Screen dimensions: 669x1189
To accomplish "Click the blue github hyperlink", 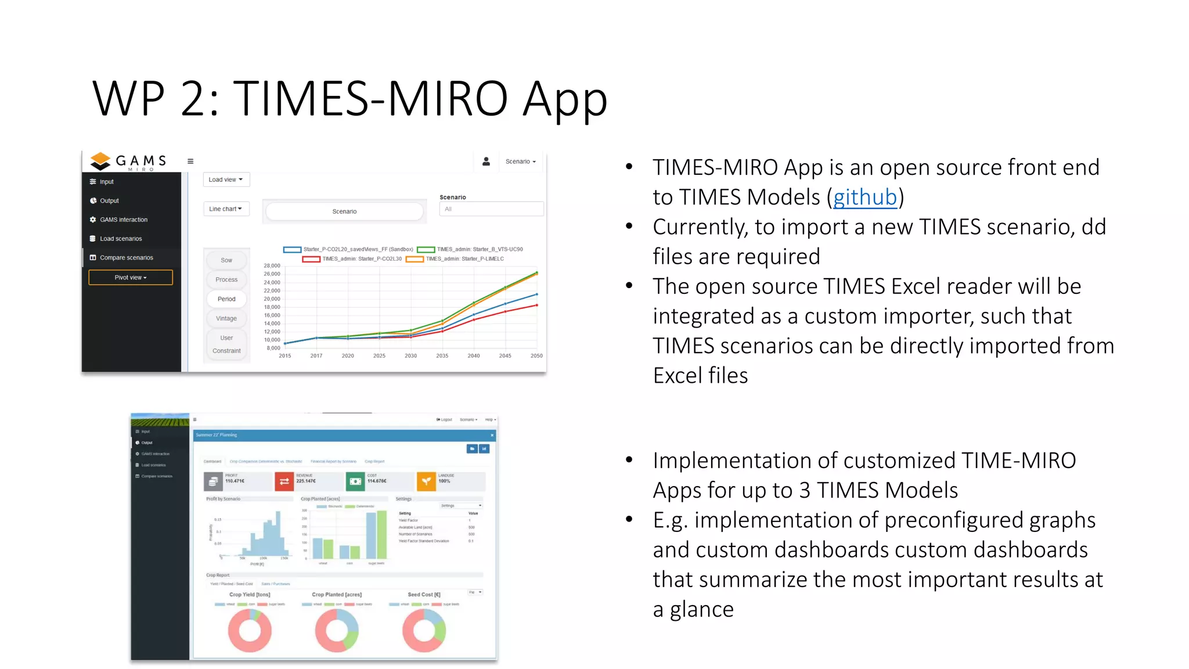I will (864, 197).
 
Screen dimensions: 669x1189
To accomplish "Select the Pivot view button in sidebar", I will (131, 278).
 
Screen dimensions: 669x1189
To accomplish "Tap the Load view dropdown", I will (226, 179).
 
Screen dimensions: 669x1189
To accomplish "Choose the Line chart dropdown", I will (225, 209).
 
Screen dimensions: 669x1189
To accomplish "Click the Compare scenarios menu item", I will (126, 258).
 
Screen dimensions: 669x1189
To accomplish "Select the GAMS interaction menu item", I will (123, 220).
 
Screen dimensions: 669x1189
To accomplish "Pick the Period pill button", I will (226, 299).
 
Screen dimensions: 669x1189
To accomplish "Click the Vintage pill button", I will (226, 318).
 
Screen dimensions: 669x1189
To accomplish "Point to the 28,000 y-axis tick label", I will (272, 266).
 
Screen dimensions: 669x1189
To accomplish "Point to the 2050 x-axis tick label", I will (536, 355).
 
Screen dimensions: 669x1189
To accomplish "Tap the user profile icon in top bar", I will (486, 161).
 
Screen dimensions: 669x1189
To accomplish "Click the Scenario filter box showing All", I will (491, 209).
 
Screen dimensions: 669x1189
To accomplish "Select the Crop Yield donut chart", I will (250, 630).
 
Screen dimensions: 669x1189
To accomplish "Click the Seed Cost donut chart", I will (424, 630).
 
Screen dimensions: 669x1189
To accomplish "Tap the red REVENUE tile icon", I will (284, 481).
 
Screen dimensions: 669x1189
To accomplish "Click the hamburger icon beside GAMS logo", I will (190, 161).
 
